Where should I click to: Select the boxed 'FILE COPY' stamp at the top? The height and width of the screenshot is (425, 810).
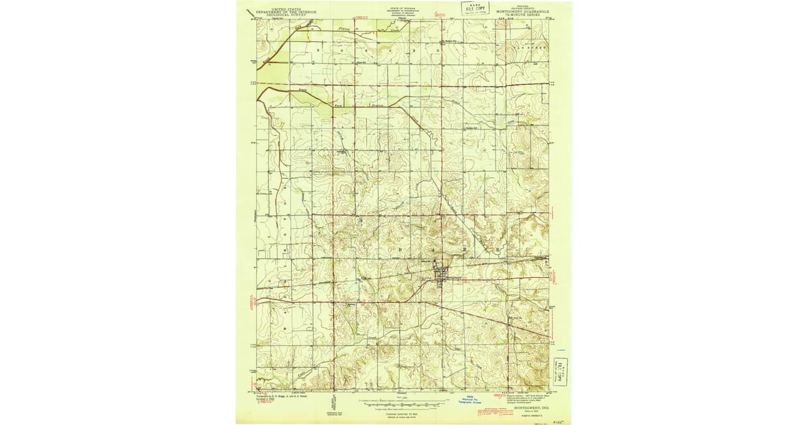point(475,8)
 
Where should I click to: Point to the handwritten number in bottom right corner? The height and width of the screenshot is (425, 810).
point(558,418)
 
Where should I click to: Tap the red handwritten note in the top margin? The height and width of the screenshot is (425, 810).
point(443,13)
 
